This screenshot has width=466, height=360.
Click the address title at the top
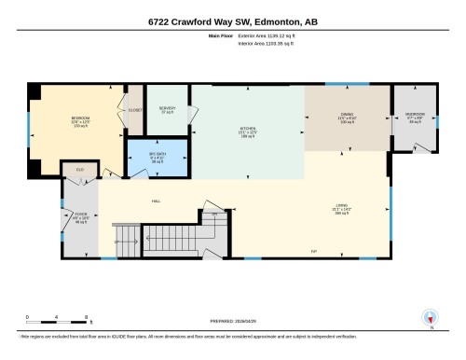[x=233, y=21]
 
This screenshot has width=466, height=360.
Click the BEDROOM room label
[x=80, y=121]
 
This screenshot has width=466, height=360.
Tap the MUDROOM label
[x=415, y=118]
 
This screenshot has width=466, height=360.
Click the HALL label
[x=157, y=199]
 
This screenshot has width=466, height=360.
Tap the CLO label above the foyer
[x=80, y=169]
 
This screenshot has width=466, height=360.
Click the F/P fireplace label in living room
[x=314, y=251]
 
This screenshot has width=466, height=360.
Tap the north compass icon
[x=430, y=316]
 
